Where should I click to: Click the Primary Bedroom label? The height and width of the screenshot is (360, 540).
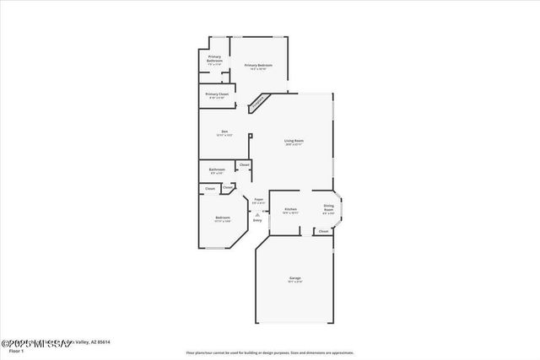pyautogui.click(x=256, y=65)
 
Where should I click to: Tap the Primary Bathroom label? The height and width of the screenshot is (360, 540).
pyautogui.click(x=214, y=58)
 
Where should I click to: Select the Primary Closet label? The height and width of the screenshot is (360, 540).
pyautogui.click(x=217, y=94)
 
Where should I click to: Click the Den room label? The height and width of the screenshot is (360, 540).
pyautogui.click(x=224, y=131)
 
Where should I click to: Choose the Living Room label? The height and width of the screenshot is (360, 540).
pyautogui.click(x=294, y=141)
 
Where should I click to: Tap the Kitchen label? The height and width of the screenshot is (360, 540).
pyautogui.click(x=290, y=209)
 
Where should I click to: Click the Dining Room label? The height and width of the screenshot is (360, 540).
pyautogui.click(x=328, y=207)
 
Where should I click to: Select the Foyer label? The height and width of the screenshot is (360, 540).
pyautogui.click(x=259, y=199)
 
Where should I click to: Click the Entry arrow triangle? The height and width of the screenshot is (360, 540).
pyautogui.click(x=257, y=214)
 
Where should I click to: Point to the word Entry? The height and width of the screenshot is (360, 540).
pyautogui.click(x=257, y=220)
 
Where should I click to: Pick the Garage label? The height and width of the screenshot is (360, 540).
pyautogui.click(x=295, y=277)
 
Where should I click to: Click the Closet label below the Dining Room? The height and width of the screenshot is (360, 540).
pyautogui.click(x=323, y=230)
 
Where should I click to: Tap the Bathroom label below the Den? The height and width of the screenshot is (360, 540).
pyautogui.click(x=217, y=169)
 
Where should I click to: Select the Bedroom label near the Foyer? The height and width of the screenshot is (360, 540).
pyautogui.click(x=223, y=218)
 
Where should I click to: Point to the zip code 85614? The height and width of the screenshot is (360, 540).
pyautogui.click(x=104, y=341)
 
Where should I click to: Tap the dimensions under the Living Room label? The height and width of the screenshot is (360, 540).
pyautogui.click(x=294, y=145)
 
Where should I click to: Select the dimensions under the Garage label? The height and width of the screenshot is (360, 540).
pyautogui.click(x=295, y=282)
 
